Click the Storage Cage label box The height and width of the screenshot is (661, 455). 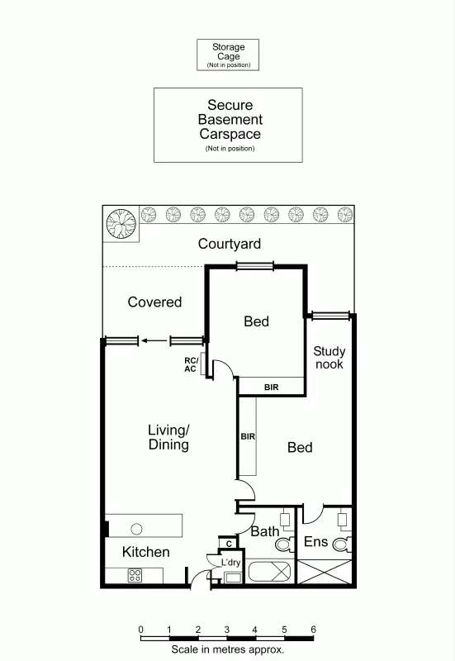click(x=227, y=55)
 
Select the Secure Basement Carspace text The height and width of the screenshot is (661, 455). click(x=229, y=120)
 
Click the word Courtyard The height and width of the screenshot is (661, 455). click(x=229, y=244)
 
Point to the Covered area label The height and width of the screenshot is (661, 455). click(x=154, y=302)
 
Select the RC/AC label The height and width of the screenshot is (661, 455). click(x=190, y=364)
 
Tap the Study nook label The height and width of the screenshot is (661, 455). click(x=329, y=358)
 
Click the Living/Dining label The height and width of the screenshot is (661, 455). click(x=168, y=437)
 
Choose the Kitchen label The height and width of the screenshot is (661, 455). click(x=146, y=552)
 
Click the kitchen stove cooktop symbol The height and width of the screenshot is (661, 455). click(x=134, y=576)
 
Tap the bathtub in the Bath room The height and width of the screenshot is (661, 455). click(x=269, y=573)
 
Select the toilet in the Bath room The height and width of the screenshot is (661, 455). click(x=283, y=544)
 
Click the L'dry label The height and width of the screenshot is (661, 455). click(x=230, y=563)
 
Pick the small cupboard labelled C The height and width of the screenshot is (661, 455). click(x=228, y=543)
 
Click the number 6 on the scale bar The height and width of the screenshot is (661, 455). click(x=313, y=630)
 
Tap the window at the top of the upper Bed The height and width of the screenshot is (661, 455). click(x=254, y=265)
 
